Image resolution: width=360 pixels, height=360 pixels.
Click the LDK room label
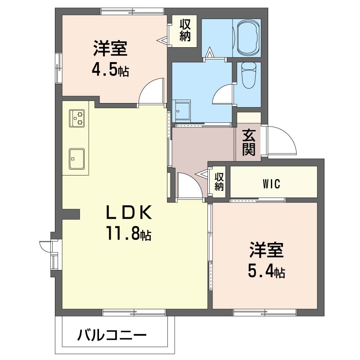pos(129,212)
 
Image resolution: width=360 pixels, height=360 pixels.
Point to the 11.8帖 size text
pos(129,233)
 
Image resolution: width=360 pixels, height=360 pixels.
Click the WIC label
pos(271,184)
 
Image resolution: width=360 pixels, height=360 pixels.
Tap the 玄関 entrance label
pos(249,142)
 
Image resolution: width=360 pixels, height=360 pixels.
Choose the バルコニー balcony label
pos(112,335)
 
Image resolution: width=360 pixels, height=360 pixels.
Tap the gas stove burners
pos(76,118)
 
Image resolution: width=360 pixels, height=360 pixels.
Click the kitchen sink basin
pos(76,159)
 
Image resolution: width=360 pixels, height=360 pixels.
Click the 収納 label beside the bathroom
pos(185,30)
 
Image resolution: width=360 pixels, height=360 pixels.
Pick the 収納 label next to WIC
pos(219,181)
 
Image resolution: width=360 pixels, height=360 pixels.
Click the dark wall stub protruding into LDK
pos(71,213)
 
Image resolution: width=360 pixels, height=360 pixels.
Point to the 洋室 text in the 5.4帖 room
pos(266,250)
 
